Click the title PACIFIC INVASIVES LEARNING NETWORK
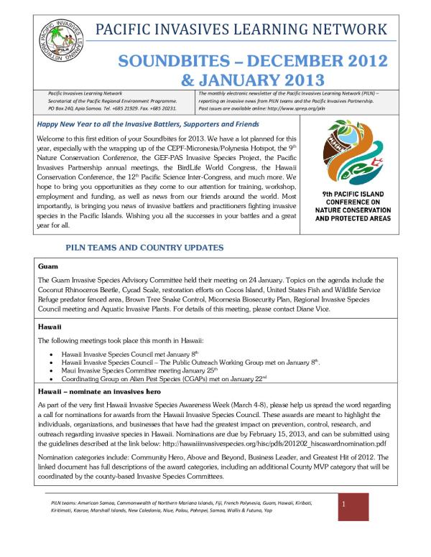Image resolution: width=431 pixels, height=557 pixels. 241,30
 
